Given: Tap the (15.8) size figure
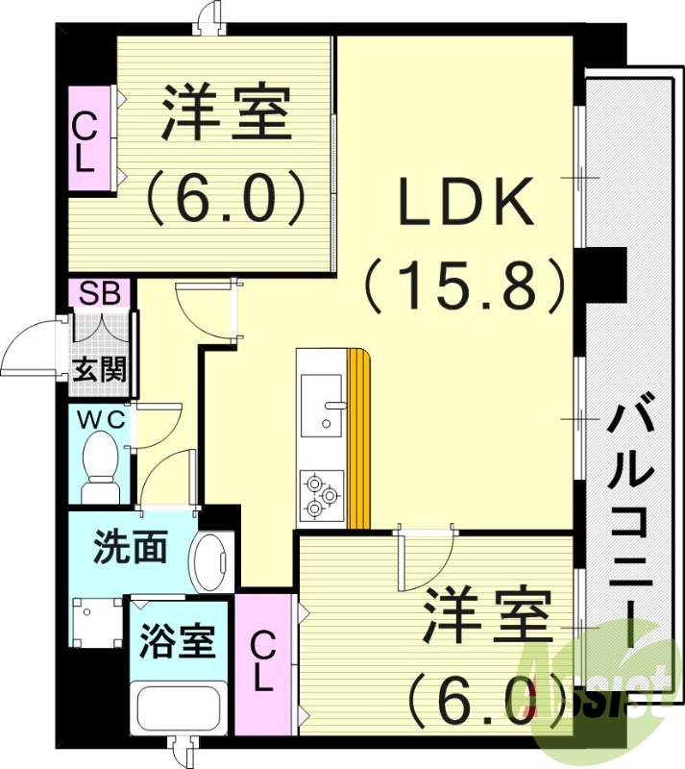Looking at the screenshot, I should tap(464, 285).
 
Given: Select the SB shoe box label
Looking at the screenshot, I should tap(100, 293).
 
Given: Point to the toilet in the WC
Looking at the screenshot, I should tap(100, 463).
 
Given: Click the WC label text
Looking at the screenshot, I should tap(99, 419).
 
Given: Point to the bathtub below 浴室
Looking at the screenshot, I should tap(180, 709).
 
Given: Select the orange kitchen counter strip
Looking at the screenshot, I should tap(358, 438).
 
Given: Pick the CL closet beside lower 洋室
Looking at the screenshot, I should tap(263, 663).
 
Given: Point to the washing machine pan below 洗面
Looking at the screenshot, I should tap(96, 622).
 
